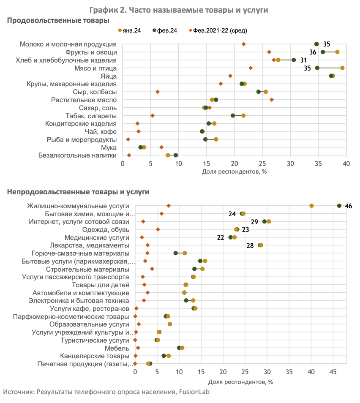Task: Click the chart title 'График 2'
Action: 108,10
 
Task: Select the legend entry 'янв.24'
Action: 129,30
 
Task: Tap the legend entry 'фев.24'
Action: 165,30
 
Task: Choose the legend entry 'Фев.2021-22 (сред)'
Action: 218,30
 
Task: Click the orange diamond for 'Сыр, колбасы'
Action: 158,92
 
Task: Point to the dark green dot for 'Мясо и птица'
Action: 317,68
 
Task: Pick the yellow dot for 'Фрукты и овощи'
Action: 337,52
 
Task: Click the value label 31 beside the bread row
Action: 303,60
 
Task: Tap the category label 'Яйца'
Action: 109,76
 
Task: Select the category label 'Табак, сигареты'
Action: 91,116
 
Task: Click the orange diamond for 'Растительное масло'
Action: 272,100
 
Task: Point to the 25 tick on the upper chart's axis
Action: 262,164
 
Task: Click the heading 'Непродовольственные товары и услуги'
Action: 78,192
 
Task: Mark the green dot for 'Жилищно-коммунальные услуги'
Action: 339,206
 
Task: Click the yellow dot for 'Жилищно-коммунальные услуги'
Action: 311,206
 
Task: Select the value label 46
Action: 349,206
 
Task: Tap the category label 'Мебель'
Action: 117,348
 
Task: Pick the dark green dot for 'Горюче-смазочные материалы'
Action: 176,253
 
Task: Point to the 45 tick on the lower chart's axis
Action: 333,372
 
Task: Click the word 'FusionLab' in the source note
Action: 194,392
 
